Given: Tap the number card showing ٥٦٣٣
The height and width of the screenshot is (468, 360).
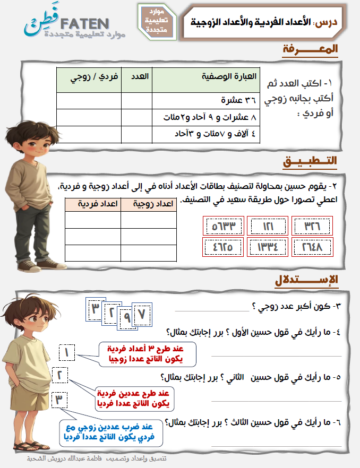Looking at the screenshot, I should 223,226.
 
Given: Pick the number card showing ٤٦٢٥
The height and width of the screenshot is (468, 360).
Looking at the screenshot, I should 223,246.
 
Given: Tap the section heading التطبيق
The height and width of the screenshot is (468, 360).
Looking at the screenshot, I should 310,160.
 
